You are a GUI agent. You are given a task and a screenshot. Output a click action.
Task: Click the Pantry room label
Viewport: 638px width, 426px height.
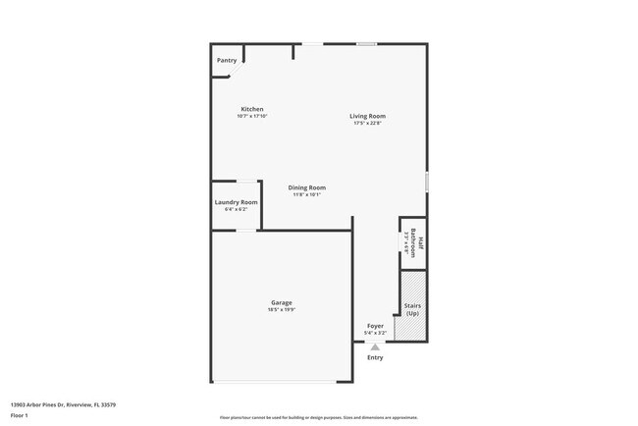tap(226, 60)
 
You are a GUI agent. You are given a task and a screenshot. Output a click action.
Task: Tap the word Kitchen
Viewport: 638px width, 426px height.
tap(252, 109)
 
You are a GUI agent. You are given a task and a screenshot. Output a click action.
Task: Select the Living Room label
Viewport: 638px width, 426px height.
tap(367, 116)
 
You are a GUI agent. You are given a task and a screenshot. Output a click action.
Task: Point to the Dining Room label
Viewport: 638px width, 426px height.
tap(306, 187)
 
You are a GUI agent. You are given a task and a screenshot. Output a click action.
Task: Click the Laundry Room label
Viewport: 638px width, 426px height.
tap(236, 202)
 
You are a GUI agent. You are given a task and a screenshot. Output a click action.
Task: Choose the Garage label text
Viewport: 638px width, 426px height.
tap(282, 302)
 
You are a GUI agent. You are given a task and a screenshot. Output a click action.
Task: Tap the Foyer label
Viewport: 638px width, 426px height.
tap(376, 325)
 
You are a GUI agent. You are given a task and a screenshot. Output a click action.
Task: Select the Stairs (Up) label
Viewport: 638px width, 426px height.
tap(413, 309)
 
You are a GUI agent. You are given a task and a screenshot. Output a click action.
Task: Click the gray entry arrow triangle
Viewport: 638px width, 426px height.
tap(374, 346)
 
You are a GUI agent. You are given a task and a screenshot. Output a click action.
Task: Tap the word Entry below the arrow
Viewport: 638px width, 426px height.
tap(375, 357)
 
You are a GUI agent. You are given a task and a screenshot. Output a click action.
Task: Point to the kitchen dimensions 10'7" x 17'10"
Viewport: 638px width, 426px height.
tap(252, 116)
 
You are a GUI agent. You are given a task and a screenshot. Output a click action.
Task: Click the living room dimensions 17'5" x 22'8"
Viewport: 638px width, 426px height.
tap(367, 123)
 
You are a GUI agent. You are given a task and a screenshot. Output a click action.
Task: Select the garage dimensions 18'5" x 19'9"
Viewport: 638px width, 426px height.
tap(282, 309)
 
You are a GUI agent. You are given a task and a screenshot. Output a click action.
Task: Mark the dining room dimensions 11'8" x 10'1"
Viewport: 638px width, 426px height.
tap(306, 194)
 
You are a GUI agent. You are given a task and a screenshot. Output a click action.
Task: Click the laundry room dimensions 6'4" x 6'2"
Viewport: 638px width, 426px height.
tap(236, 209)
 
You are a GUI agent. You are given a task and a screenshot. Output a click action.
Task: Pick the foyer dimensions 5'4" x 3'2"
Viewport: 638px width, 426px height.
tap(376, 332)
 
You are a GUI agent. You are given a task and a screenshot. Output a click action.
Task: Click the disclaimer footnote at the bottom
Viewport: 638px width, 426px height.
tap(318, 417)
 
